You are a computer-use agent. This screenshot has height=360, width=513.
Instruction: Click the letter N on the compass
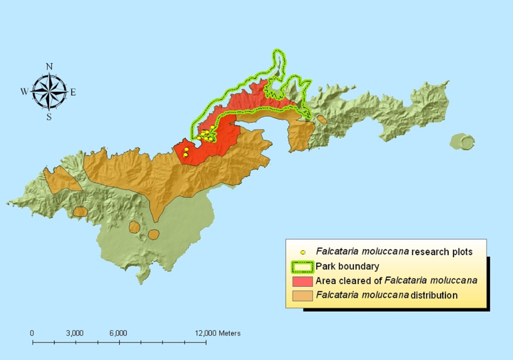(x=49, y=67)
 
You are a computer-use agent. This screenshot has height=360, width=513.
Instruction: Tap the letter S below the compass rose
(x=49, y=117)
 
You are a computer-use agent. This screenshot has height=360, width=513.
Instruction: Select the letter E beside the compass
(x=73, y=92)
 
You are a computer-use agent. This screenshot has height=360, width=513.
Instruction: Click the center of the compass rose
(x=49, y=91)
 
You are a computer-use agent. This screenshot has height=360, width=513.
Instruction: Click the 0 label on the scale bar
(x=32, y=333)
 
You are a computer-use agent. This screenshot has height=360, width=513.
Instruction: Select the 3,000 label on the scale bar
(x=75, y=333)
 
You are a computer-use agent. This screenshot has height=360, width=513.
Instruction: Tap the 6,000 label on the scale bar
(x=118, y=333)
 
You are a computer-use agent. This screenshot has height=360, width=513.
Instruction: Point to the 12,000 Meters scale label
(x=218, y=333)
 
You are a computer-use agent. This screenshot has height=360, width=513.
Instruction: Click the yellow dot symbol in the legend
(x=302, y=252)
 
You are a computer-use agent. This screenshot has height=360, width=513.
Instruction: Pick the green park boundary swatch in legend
(x=302, y=267)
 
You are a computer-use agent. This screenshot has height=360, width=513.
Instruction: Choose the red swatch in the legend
(x=302, y=281)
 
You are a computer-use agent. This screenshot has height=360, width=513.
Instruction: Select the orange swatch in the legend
(x=302, y=295)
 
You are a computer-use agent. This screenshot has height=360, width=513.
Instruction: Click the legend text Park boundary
(x=347, y=267)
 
